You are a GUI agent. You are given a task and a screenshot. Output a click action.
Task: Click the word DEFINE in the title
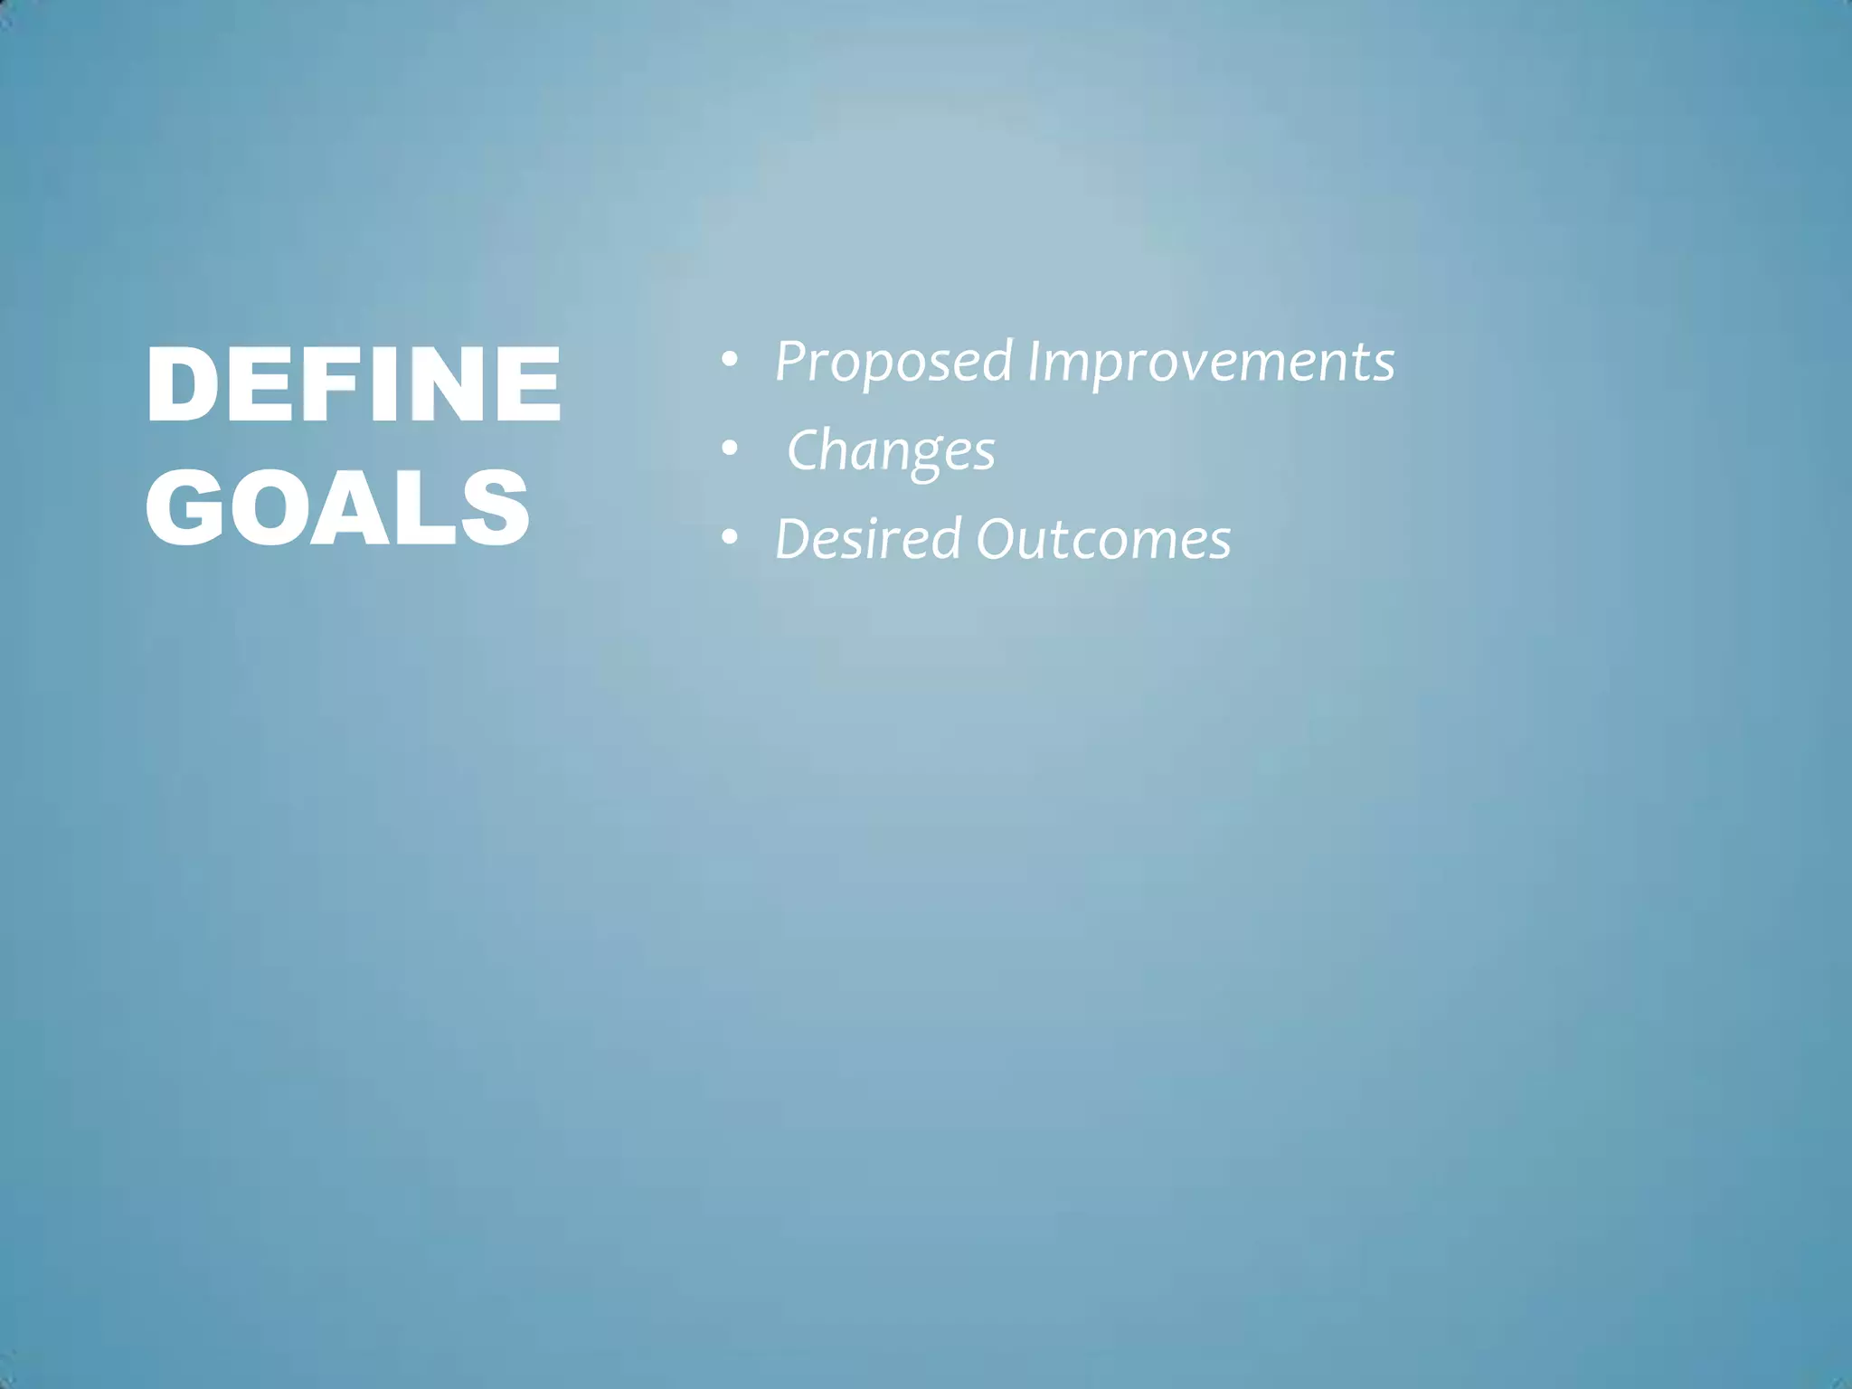click(353, 383)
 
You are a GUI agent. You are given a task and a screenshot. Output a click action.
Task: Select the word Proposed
click(893, 363)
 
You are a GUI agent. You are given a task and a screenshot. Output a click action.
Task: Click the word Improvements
click(1211, 363)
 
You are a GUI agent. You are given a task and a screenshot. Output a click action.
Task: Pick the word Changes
click(891, 451)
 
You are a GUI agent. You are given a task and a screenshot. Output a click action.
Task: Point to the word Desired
click(868, 539)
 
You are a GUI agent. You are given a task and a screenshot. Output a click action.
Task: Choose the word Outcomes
click(1103, 539)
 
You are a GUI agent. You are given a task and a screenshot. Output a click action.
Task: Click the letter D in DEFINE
click(181, 383)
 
